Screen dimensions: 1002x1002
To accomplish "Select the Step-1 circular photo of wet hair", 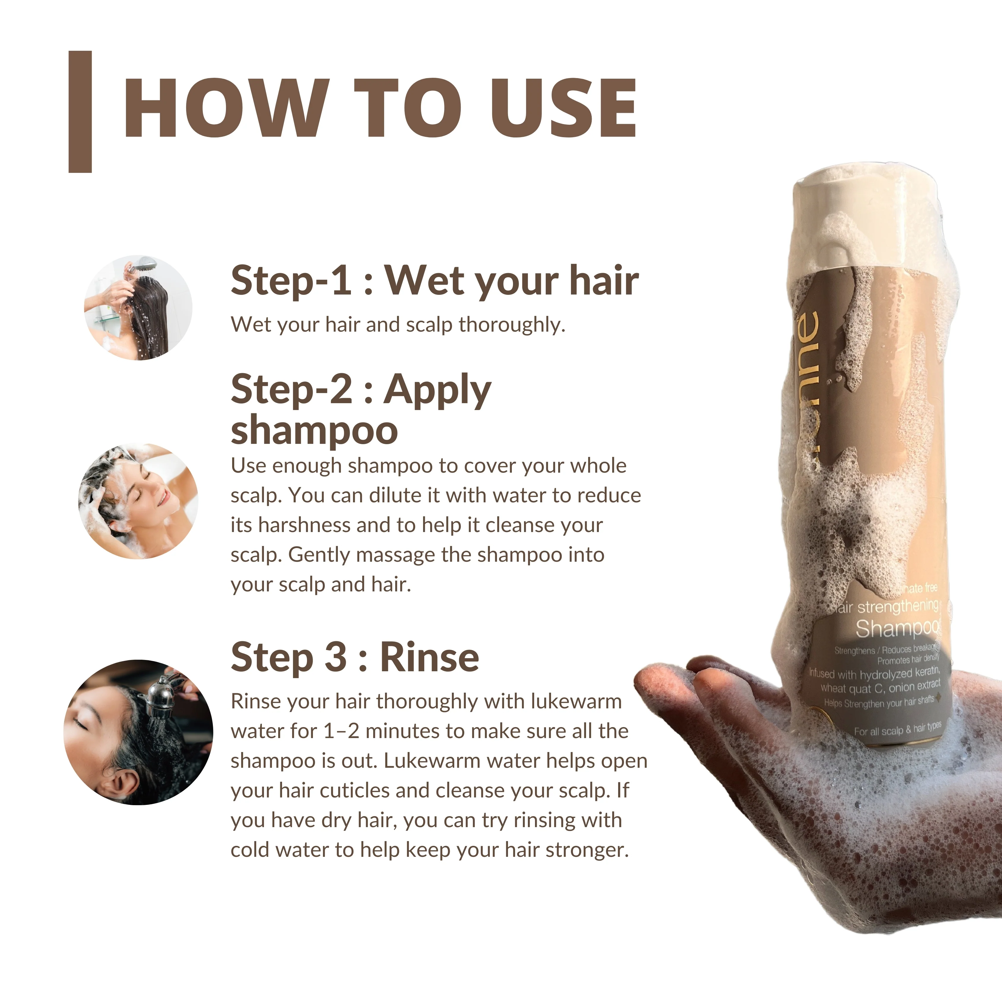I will coord(138,308).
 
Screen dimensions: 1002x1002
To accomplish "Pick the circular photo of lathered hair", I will coord(138,501).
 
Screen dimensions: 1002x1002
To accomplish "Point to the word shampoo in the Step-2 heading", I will coord(314,430).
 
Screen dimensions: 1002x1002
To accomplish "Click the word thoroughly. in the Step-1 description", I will coord(512,325).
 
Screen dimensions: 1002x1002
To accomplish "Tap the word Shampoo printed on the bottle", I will coord(897,629).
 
